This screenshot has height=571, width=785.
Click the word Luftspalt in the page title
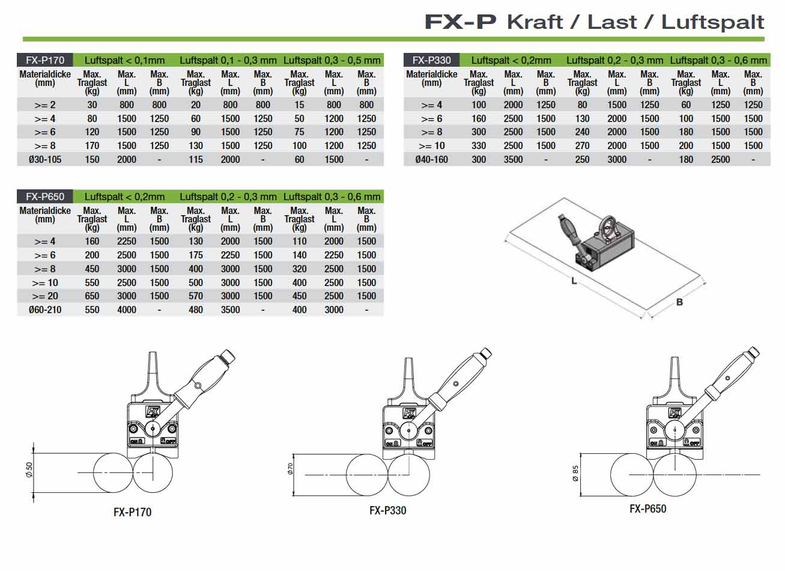(x=712, y=22)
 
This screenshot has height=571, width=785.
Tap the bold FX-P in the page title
(x=460, y=22)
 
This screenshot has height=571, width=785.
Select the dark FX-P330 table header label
(x=431, y=60)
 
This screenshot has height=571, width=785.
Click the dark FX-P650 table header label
(x=45, y=197)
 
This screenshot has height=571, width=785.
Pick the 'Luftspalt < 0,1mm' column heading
(x=124, y=60)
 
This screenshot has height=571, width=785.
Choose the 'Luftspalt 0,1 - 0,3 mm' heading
(x=228, y=60)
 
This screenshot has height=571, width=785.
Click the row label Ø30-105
(x=45, y=160)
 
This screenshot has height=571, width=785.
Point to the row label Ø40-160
(x=431, y=160)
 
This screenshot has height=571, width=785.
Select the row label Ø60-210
(x=45, y=310)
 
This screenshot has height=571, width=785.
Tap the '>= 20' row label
(x=45, y=296)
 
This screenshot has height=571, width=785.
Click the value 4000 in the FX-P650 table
(x=127, y=310)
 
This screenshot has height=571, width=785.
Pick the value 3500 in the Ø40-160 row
(x=513, y=160)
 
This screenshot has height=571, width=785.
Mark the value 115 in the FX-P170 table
(x=196, y=160)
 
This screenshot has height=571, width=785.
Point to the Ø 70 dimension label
(x=290, y=469)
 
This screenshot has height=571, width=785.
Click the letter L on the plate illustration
(x=574, y=281)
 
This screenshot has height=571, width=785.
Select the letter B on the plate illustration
(x=679, y=302)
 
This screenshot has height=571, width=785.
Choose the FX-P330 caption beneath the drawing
(x=387, y=511)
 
